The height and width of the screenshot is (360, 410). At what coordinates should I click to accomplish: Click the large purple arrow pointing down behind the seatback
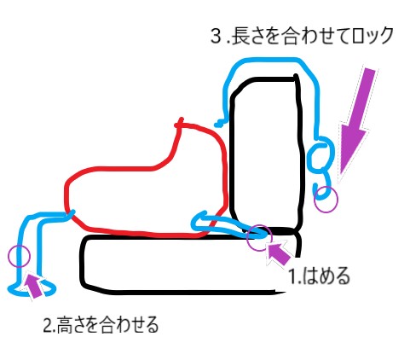(357, 122)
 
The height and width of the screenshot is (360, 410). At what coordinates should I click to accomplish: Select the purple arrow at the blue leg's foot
(34, 287)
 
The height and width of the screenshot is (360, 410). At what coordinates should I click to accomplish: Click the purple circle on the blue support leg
(19, 256)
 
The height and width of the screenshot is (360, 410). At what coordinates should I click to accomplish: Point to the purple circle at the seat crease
(259, 237)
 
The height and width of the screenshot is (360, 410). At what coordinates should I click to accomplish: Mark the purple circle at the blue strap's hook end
(326, 200)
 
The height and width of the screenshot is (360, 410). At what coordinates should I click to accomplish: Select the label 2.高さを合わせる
(101, 325)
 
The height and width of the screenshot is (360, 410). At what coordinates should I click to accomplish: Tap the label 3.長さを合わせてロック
(302, 36)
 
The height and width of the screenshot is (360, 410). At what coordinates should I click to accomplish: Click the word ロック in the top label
(372, 36)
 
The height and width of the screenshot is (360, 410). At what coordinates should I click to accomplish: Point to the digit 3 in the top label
(217, 37)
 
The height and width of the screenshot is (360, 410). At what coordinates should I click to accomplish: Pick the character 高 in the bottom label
(65, 325)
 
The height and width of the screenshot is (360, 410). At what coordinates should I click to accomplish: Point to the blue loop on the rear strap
(321, 155)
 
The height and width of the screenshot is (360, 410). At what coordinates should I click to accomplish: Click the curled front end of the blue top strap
(220, 123)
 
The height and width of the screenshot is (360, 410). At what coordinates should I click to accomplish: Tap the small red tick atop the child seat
(180, 123)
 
